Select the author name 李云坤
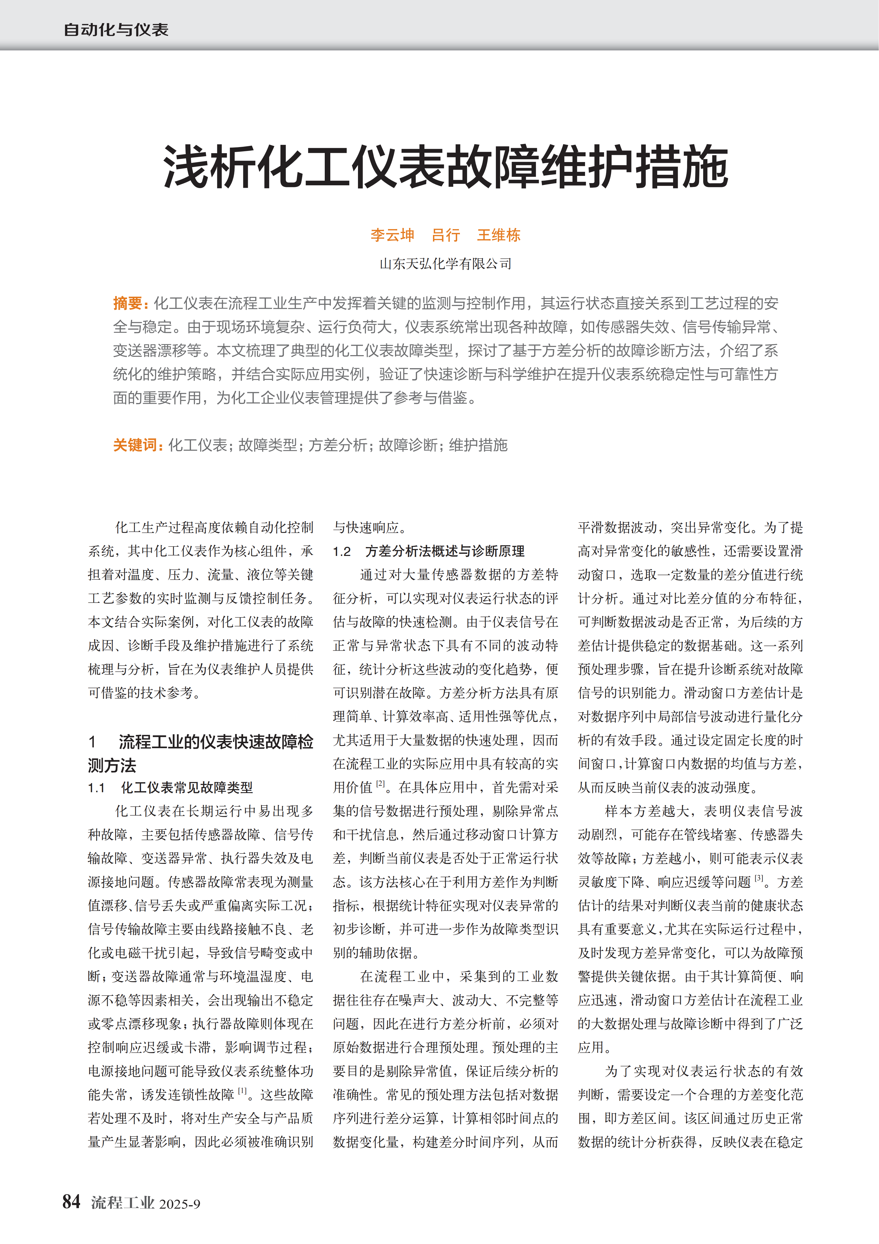(392, 235)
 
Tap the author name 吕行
(446, 235)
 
